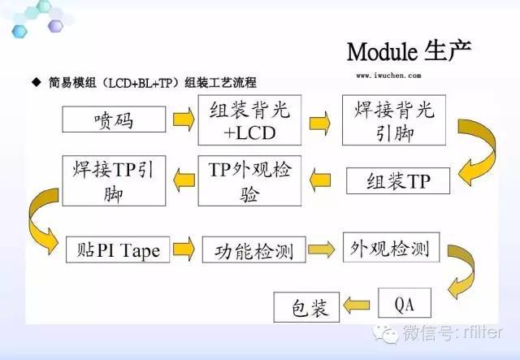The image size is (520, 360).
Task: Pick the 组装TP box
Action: click(x=397, y=181)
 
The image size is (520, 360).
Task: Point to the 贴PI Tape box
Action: click(x=118, y=249)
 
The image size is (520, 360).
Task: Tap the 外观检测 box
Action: click(x=386, y=246)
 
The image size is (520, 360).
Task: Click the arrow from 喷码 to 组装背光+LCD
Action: click(x=184, y=121)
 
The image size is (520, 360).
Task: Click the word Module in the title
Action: click(x=382, y=51)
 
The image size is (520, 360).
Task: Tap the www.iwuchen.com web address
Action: click(x=388, y=74)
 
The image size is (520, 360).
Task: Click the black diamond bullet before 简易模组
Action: click(x=35, y=83)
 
